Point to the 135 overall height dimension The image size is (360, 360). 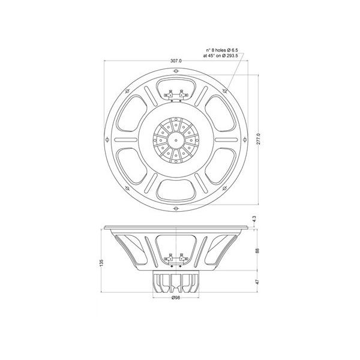pyautogui.click(x=102, y=262)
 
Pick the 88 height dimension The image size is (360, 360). pyautogui.click(x=256, y=251)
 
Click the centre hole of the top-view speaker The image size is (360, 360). pyautogui.click(x=175, y=140)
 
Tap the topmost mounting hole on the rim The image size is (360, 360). pyautogui.click(x=175, y=71)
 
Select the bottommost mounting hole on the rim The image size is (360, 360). pyautogui.click(x=175, y=210)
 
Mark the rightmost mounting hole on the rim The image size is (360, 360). pyautogui.click(x=244, y=140)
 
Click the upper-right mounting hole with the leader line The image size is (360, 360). pyautogui.click(x=224, y=91)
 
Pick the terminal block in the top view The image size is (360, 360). pyautogui.click(x=175, y=94)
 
